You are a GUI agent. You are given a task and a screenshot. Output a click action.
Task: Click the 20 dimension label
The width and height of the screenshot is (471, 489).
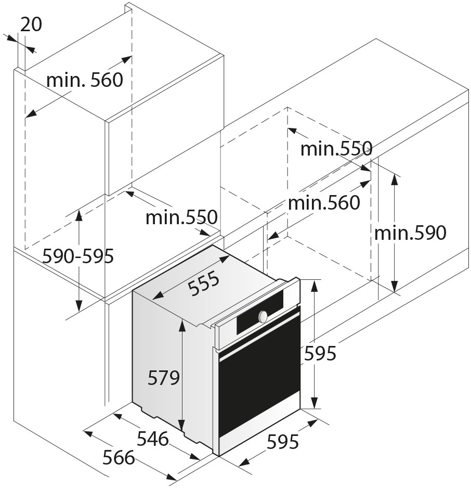[x=31, y=24]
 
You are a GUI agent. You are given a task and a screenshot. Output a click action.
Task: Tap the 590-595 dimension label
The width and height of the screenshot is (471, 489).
[x=78, y=256]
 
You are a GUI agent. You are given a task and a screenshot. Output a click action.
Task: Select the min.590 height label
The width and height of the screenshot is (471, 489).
[x=410, y=233]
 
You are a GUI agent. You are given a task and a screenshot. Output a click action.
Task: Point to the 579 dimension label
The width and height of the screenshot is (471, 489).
[x=164, y=378]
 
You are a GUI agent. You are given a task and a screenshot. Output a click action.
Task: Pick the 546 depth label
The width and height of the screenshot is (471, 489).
[x=153, y=439]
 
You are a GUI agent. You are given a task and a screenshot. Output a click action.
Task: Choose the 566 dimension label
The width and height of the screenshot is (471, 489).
[x=119, y=458]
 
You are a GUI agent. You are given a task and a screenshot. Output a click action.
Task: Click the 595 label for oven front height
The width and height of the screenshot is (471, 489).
[x=320, y=354]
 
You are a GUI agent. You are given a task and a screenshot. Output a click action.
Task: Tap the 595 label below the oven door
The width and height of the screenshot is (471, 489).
[x=283, y=442]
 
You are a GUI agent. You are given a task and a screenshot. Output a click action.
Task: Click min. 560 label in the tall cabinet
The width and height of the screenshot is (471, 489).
[x=85, y=80]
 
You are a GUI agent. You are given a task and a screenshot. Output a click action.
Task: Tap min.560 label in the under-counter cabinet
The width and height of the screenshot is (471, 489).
[x=324, y=203]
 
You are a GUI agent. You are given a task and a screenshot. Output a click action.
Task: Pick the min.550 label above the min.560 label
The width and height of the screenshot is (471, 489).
[x=336, y=148]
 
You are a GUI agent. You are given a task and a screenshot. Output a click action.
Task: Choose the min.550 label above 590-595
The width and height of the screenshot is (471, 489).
[x=181, y=217]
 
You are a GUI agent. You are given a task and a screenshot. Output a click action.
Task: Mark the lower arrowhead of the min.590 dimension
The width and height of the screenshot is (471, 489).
[x=395, y=286]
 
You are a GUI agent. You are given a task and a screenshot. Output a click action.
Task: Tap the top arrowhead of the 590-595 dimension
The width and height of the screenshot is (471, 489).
[x=79, y=216]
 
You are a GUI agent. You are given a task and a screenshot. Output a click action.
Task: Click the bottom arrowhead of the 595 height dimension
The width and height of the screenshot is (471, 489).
[x=315, y=402]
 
